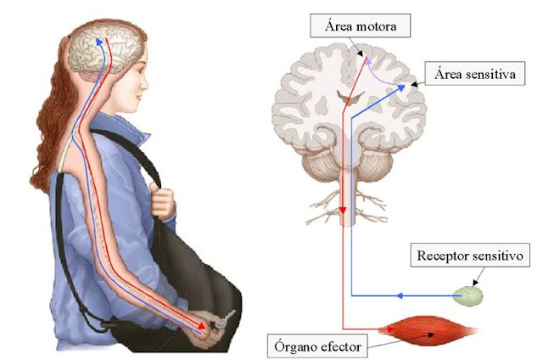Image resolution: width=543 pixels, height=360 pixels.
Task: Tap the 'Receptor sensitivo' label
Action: click(473, 254)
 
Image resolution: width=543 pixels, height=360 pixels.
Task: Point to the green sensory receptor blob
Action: click(468, 295)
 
